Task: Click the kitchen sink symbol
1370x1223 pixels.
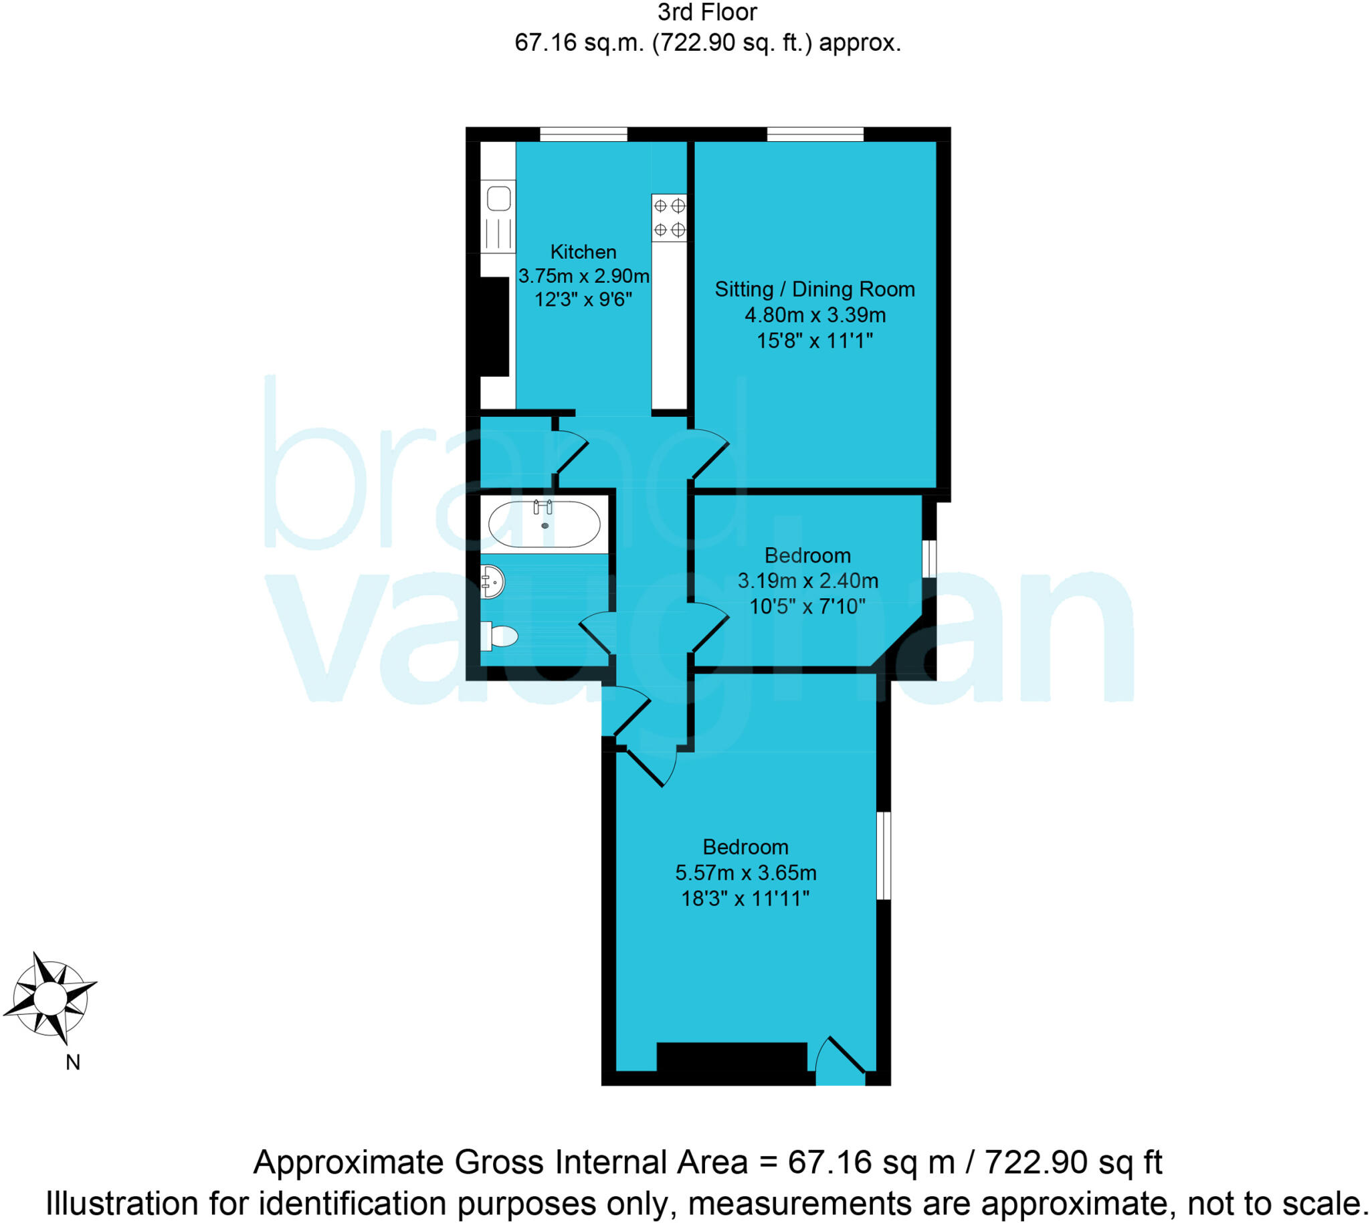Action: pos(498,199)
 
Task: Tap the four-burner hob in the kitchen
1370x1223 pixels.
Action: pos(669,217)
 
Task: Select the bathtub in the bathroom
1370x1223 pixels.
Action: pos(545,525)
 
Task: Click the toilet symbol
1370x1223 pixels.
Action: pos(499,636)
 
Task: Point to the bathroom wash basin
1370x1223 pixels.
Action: pos(492,581)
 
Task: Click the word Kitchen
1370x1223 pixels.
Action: pos(583,252)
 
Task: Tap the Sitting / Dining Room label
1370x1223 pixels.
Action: pos(814,290)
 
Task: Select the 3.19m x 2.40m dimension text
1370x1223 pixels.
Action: pos(807,581)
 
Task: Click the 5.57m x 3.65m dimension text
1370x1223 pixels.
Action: pos(746,873)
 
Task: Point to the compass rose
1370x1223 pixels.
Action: pos(50,997)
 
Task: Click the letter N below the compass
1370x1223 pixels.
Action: pos(72,1062)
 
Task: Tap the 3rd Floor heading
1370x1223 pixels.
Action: pos(707,13)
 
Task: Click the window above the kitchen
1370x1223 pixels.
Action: pos(583,134)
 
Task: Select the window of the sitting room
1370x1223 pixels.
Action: pos(815,134)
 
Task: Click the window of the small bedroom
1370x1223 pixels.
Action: pos(928,559)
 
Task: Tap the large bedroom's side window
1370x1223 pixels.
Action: pos(884,856)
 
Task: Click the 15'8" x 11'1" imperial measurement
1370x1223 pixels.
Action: pos(814,341)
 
